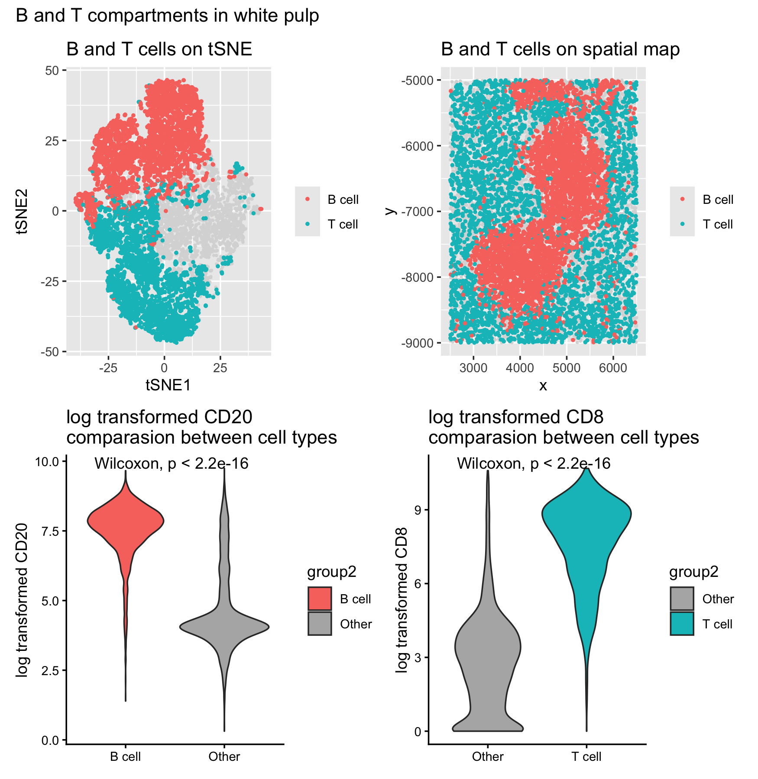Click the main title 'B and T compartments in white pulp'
[167, 16]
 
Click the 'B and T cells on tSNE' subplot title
[159, 49]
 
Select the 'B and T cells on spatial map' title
[560, 49]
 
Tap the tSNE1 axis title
[168, 384]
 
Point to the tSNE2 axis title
[22, 211]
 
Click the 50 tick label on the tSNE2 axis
[52, 70]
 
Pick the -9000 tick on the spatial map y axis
[417, 343]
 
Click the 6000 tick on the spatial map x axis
[612, 368]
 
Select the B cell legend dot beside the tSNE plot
[308, 199]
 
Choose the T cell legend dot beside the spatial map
[682, 224]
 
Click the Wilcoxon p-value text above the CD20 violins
[172, 464]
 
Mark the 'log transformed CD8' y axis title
[402, 600]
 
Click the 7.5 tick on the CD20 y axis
[49, 531]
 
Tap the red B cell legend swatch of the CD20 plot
[320, 599]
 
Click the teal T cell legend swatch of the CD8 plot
[682, 624]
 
